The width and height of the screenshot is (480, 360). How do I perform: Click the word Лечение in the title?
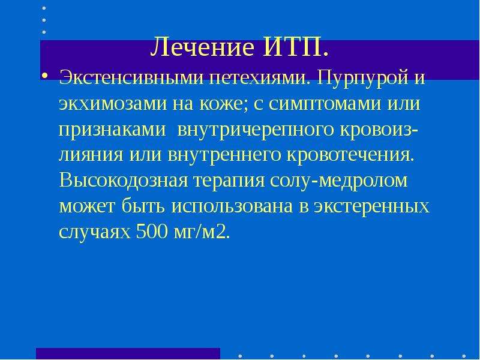[x=202, y=47]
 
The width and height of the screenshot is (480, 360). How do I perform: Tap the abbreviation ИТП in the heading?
[x=293, y=47]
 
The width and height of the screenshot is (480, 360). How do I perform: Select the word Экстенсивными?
[x=131, y=78]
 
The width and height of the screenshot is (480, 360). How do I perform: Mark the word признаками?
[x=112, y=130]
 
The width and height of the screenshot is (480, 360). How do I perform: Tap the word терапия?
[x=229, y=181]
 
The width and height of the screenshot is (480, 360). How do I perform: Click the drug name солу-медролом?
[x=339, y=181]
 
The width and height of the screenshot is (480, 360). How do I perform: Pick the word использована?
[x=232, y=206]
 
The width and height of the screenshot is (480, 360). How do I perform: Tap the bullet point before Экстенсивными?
[x=44, y=76]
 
